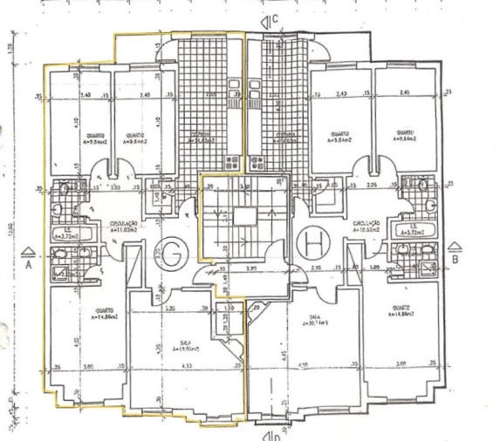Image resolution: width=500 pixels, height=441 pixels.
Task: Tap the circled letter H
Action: point(311,241)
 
